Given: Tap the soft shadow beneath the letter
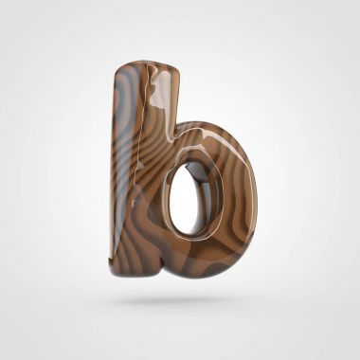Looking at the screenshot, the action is pyautogui.click(x=177, y=300).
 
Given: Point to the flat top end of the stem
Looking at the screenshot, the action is pyautogui.click(x=148, y=65).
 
